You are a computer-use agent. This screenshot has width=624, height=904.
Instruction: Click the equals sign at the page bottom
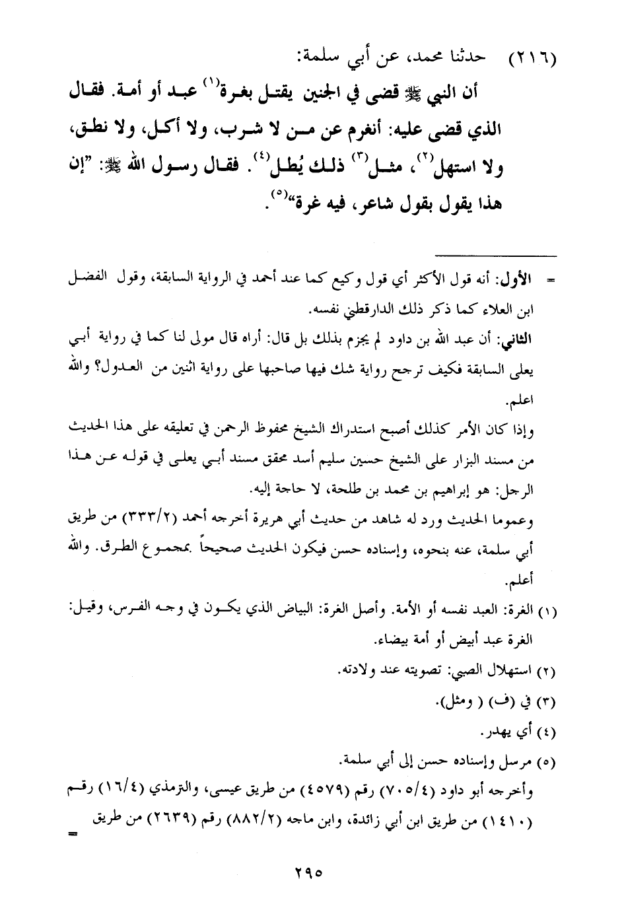click(x=72, y=835)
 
